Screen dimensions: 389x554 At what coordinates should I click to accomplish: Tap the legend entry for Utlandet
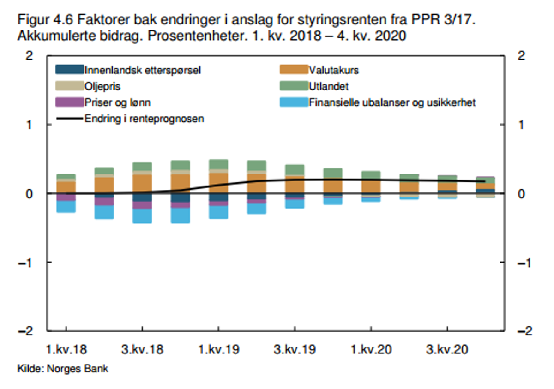tap(328, 86)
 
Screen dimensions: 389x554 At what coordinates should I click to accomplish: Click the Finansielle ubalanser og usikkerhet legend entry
tap(392, 102)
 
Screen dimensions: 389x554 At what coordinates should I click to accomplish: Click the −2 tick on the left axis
tap(29, 331)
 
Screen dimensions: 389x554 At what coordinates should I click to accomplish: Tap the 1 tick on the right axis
tap(522, 125)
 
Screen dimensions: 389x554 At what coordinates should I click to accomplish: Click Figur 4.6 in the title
tap(45, 20)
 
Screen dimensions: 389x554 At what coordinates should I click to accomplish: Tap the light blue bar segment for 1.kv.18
tap(66, 206)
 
